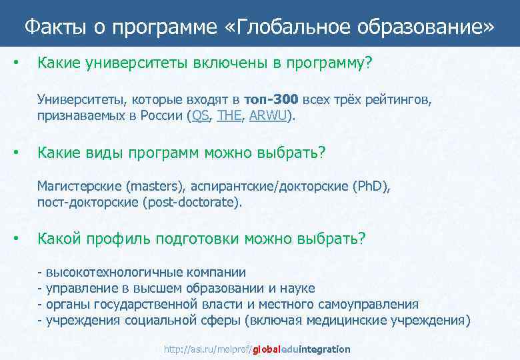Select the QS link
(200, 116)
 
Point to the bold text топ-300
(271, 100)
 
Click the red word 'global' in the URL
(267, 349)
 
